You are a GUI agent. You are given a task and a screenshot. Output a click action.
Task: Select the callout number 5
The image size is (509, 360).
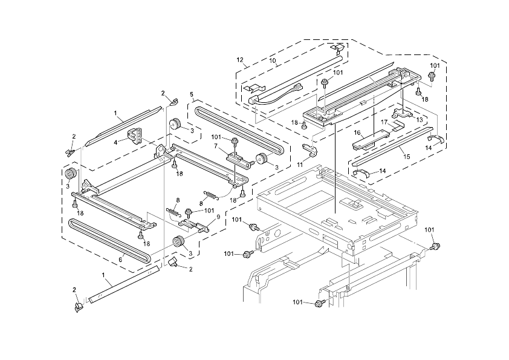192,94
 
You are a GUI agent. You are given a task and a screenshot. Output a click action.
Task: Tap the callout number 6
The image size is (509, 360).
120,260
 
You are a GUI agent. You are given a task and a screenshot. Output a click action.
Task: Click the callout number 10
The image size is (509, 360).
272,61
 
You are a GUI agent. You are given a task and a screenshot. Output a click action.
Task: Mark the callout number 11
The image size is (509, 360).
300,164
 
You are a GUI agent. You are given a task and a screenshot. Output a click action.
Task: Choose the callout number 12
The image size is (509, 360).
240,60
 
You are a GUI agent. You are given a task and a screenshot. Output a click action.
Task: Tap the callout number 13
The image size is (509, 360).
419,120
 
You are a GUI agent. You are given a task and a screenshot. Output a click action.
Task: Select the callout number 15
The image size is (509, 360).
407,157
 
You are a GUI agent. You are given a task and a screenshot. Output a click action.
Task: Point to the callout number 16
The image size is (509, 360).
357,133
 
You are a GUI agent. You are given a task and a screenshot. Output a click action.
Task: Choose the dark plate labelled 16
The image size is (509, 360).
366,143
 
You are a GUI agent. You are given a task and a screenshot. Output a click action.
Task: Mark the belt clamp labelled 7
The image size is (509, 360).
237,159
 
